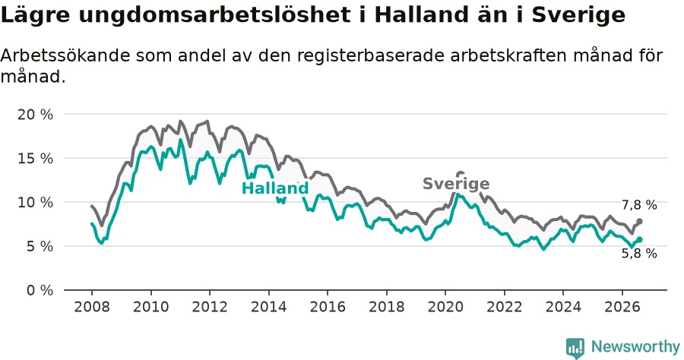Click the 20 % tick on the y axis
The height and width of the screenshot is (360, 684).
point(35,115)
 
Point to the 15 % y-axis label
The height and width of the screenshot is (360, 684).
point(35,159)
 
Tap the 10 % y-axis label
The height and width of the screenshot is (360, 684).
point(35,203)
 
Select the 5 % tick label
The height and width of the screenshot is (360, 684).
point(40,247)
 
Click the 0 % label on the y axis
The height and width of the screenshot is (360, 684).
point(40,291)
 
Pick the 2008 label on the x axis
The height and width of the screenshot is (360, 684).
point(92,307)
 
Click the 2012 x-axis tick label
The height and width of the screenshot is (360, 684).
point(210,307)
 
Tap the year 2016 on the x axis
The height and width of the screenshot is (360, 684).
point(328,307)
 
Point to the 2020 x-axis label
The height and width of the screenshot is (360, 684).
point(445,307)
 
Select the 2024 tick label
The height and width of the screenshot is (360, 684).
point(563,307)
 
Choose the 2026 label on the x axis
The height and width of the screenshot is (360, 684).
point(622,307)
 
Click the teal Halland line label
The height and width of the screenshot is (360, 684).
point(275,188)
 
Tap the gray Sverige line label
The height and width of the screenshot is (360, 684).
point(456,184)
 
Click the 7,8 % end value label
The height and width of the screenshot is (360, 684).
point(639,205)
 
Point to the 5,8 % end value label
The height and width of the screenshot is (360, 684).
point(639,253)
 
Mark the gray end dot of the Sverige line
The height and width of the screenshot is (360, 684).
point(639,222)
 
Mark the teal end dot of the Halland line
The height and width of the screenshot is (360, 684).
point(639,240)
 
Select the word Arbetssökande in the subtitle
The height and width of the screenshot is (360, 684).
point(65,55)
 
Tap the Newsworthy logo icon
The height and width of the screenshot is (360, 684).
point(575,348)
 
